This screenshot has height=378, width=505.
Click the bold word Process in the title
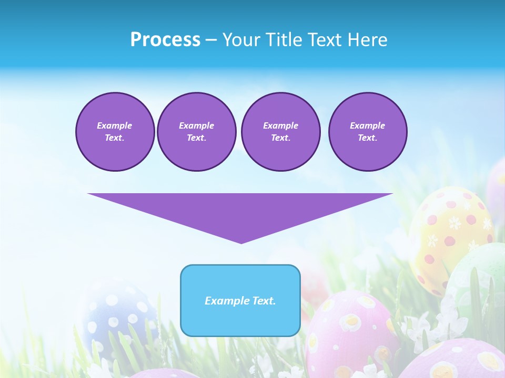click(x=165, y=40)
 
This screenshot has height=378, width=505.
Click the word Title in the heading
click(x=284, y=40)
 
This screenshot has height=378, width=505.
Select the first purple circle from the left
click(x=115, y=132)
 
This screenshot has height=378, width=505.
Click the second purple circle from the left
click(x=196, y=132)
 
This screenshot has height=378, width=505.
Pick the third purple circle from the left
click(x=280, y=132)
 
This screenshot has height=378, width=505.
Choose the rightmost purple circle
click(x=367, y=132)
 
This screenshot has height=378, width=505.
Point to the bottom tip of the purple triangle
click(x=241, y=243)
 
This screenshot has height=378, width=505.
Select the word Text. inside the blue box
click(x=264, y=301)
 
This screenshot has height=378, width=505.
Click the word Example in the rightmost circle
click(x=367, y=125)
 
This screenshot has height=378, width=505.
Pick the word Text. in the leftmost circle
click(x=115, y=138)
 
